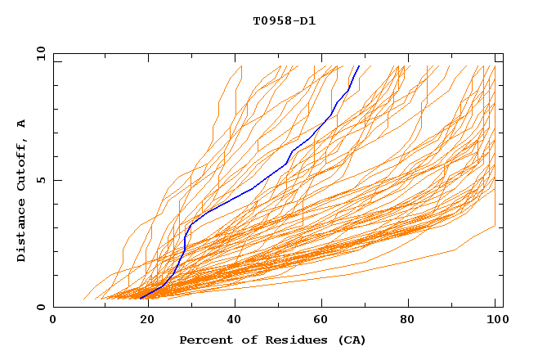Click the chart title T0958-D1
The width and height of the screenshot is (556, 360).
click(284, 21)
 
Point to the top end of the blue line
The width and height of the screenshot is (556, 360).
click(359, 66)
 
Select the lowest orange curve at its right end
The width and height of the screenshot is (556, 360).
click(495, 226)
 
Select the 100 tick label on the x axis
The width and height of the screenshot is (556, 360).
click(495, 320)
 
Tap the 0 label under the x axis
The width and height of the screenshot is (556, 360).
click(53, 320)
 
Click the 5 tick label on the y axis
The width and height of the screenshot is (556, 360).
click(40, 180)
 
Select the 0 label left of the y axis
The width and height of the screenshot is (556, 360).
click(40, 307)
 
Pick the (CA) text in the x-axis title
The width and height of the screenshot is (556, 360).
click(350, 340)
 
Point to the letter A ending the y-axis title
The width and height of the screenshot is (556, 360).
click(21, 124)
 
